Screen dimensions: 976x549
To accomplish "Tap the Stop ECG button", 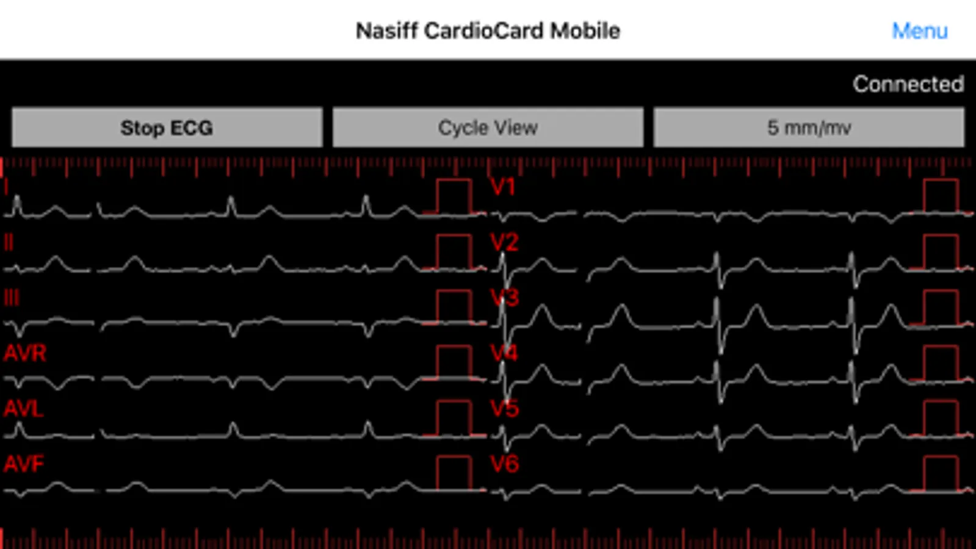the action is [x=167, y=127].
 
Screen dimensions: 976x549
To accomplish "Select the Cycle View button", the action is [x=488, y=127].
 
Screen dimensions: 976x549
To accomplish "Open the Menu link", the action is [x=920, y=31].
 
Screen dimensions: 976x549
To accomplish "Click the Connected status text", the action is [x=908, y=84].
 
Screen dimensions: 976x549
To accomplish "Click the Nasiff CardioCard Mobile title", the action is [x=488, y=31].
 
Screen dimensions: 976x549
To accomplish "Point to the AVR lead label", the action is [x=25, y=353].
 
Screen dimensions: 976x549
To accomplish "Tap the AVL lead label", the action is [x=24, y=409].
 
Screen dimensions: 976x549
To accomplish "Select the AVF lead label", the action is [x=24, y=464].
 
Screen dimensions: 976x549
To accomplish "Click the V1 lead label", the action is [x=503, y=187].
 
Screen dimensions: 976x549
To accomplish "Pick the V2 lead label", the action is [x=505, y=242].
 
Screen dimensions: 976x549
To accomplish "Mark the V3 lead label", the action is [x=505, y=298].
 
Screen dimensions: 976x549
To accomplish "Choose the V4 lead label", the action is [x=505, y=353].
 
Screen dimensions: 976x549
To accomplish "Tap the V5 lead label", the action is [x=505, y=409].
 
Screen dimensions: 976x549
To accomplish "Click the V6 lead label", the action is [x=505, y=464].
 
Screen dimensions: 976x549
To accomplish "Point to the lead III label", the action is [x=12, y=298].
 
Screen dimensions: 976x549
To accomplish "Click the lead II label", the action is [x=9, y=243].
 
